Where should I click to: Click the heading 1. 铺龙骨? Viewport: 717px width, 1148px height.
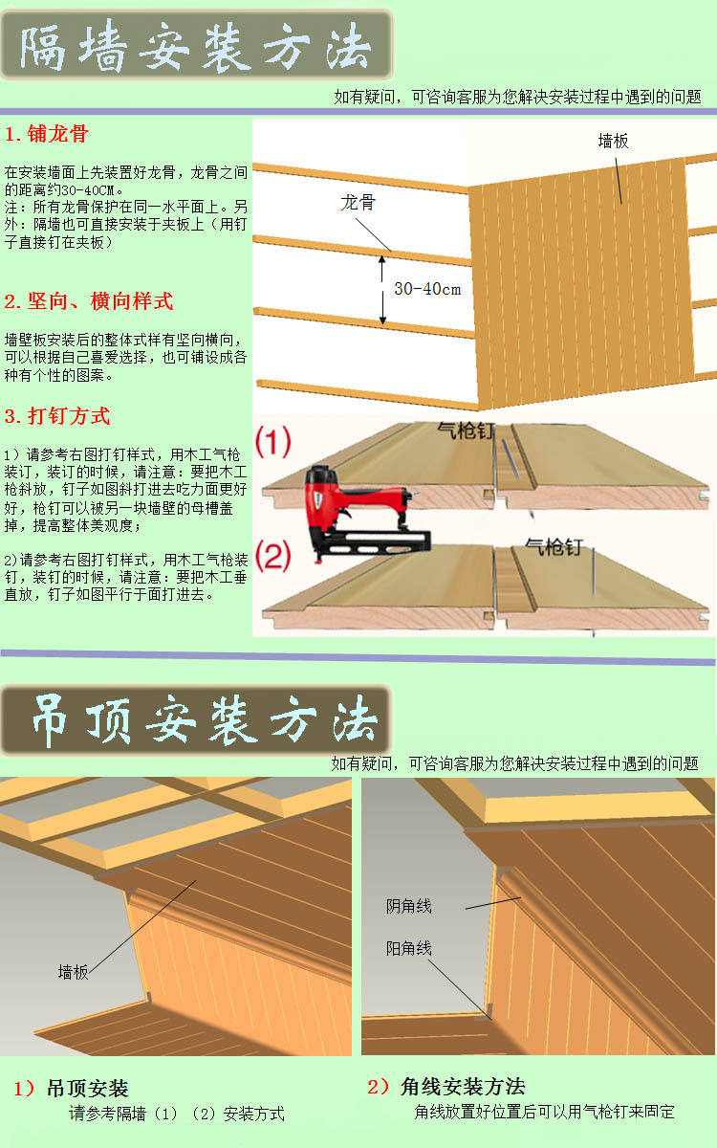coord(47,134)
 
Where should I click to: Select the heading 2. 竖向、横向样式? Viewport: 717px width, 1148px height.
coord(89,301)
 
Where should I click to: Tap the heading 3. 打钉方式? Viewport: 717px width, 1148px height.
coord(57,416)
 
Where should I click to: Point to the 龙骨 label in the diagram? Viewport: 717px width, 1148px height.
coord(358,203)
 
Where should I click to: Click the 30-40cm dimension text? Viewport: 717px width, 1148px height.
coord(427,289)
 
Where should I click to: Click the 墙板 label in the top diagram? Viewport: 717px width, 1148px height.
coord(613,141)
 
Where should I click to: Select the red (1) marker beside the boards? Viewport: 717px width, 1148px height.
coord(273,441)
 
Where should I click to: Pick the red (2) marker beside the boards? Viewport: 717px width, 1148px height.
coord(273,556)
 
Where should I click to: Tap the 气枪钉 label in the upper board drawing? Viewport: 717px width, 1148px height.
coord(467,430)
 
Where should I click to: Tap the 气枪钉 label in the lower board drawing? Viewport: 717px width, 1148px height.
coord(554,547)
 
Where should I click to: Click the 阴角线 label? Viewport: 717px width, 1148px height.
coord(409,907)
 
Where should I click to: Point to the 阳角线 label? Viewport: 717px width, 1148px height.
coord(409,949)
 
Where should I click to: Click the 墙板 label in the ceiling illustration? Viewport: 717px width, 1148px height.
coord(74,972)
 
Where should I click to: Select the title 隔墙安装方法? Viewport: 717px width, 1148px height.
coord(196,47)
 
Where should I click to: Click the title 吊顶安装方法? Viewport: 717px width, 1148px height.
coord(205,719)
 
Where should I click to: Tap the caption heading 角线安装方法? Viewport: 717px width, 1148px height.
coord(463,1087)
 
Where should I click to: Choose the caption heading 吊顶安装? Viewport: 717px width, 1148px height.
coord(88,1089)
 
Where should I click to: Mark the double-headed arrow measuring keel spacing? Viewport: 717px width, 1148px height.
coord(382,290)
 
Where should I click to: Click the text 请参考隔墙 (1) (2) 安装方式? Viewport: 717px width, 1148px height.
coord(177,1114)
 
